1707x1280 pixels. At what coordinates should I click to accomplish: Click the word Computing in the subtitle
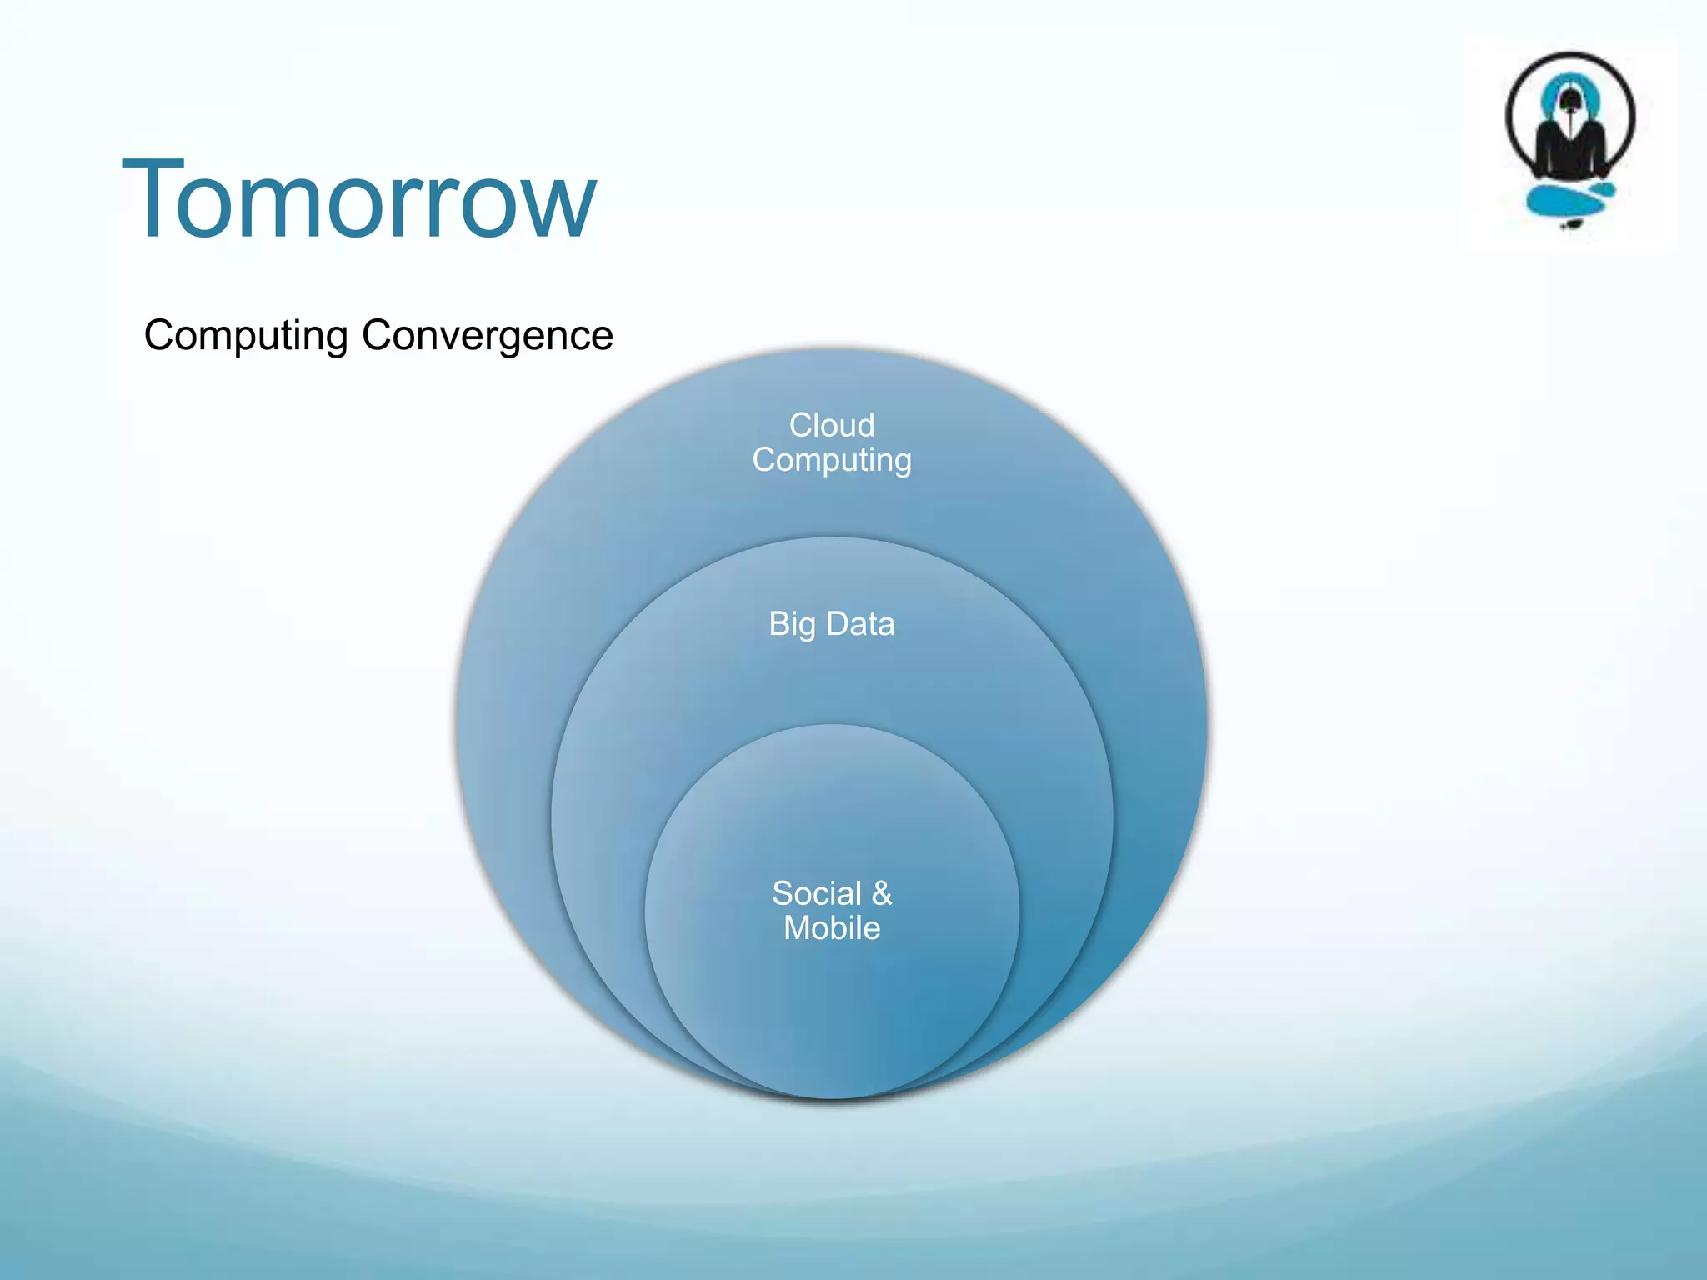tap(245, 336)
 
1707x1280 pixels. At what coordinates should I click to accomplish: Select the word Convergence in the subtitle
tap(488, 336)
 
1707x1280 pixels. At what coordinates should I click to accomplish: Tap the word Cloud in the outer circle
tap(832, 425)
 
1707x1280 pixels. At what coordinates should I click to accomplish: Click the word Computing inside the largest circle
tap(832, 460)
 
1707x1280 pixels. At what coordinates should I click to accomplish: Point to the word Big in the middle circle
tap(792, 624)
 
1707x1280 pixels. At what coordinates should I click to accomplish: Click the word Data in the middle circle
tap(860, 624)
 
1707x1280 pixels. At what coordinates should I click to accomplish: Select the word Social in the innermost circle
tap(816, 893)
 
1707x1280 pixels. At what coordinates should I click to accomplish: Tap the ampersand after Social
tap(882, 893)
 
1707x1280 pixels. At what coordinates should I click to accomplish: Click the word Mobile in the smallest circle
tap(832, 928)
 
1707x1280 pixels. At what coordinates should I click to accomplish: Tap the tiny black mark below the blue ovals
tap(1572, 223)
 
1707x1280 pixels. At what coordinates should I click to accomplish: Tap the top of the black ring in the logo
tap(1570, 55)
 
